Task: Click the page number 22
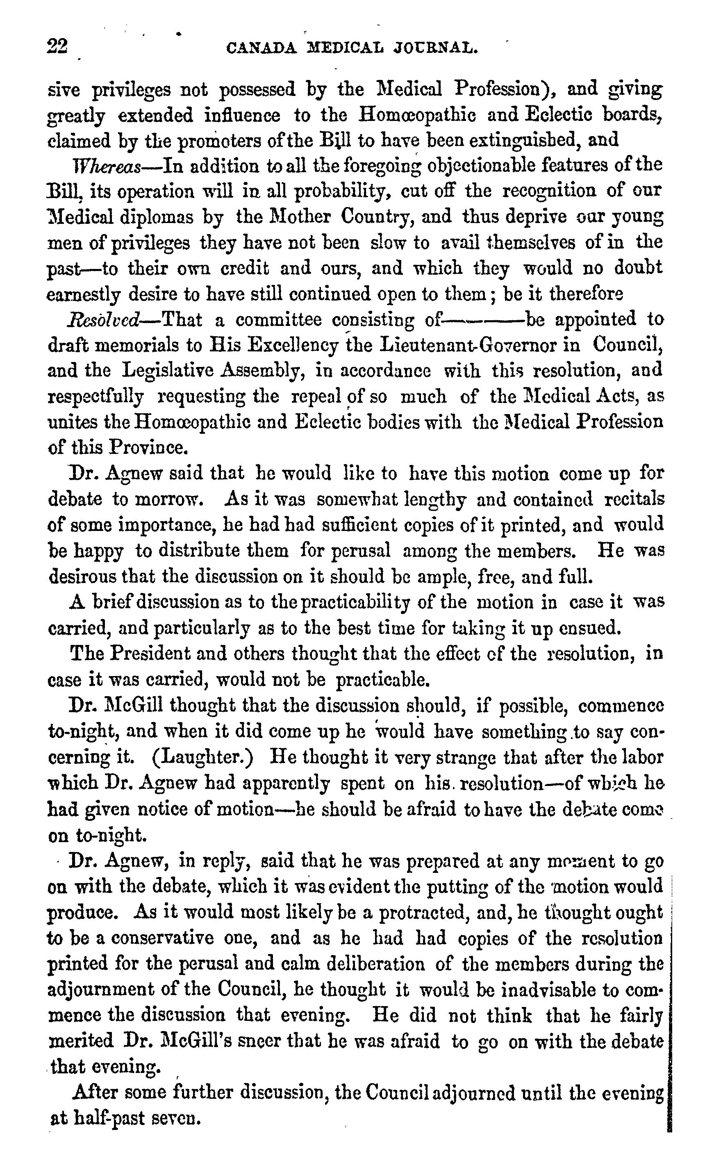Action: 57,48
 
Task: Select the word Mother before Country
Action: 302,217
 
